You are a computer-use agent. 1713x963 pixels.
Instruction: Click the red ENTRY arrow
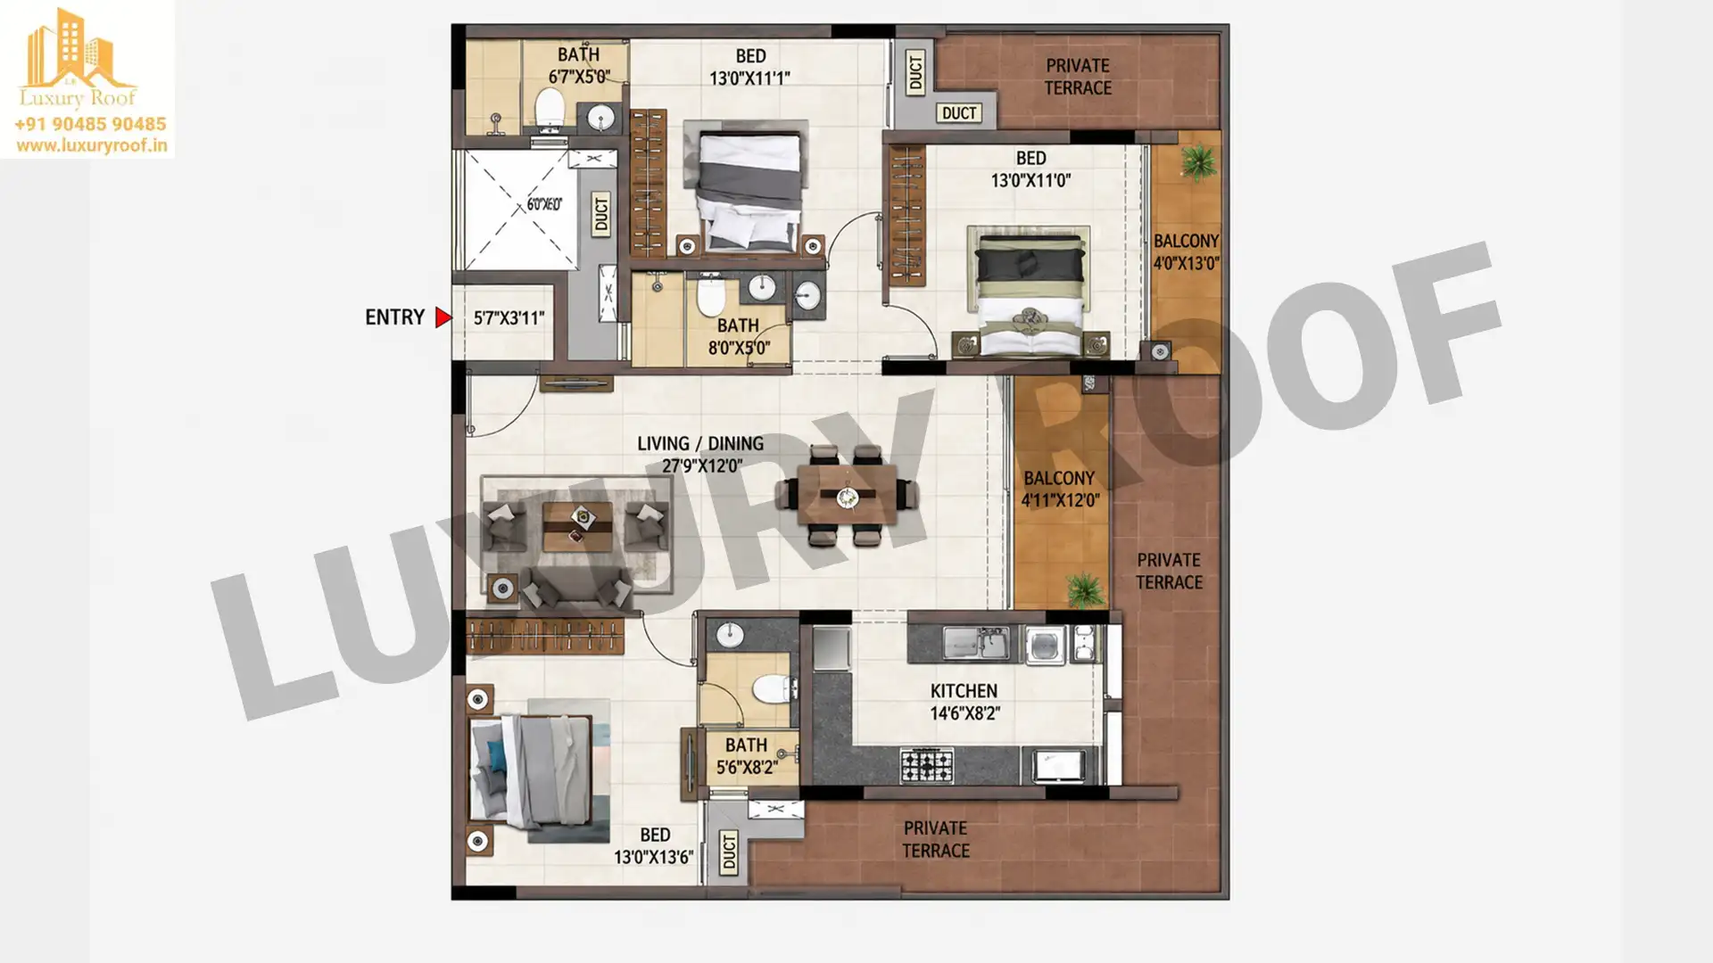tap(443, 317)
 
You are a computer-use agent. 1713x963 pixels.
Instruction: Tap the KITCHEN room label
tap(964, 691)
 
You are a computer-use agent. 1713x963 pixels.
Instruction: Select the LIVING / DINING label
tap(700, 443)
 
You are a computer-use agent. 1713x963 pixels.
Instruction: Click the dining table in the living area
tap(847, 495)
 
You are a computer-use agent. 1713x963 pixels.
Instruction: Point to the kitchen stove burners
tap(926, 765)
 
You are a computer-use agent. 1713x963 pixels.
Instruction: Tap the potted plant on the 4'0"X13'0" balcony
tap(1197, 162)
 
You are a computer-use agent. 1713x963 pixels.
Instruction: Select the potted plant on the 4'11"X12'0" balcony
tap(1084, 589)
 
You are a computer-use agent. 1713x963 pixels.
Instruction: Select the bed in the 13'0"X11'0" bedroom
tap(1030, 292)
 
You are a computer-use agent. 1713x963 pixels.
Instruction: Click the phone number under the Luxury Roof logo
tap(90, 124)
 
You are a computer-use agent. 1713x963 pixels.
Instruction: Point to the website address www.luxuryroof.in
tap(91, 145)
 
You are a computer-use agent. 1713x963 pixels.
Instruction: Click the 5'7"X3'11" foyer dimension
tap(509, 317)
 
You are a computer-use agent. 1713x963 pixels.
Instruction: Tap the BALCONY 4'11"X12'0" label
tap(1059, 489)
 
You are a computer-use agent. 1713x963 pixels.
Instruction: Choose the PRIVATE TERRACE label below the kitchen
tap(935, 839)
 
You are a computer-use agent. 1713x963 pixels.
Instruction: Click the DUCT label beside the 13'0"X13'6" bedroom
tap(730, 852)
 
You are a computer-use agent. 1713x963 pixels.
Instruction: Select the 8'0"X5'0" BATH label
tap(739, 336)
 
